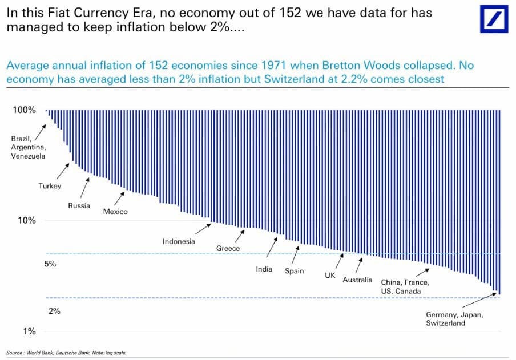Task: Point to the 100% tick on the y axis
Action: point(24,110)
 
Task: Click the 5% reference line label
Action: point(50,265)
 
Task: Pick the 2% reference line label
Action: point(54,311)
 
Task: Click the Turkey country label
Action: point(50,186)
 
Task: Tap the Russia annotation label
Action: point(79,205)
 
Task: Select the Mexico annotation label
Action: point(115,212)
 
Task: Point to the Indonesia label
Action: point(179,241)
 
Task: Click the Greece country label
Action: point(228,249)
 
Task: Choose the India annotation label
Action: point(264,269)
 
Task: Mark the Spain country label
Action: point(295,271)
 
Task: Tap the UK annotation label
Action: point(330,276)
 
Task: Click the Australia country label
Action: point(357,280)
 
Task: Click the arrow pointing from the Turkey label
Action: point(63,171)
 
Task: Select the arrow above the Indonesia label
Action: point(202,228)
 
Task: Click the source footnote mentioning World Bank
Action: point(66,353)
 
